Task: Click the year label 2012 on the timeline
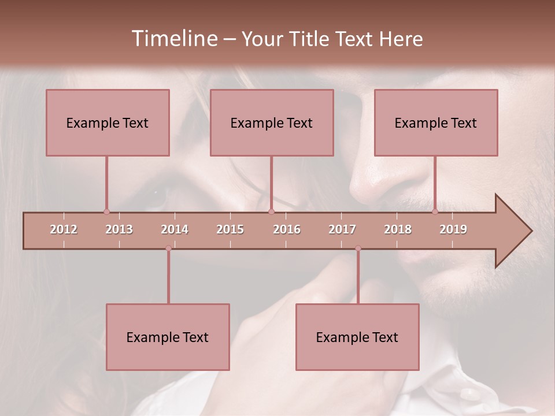64,229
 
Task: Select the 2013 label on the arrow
119,229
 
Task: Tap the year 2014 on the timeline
175,229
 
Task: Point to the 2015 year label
230,229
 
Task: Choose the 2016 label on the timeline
287,229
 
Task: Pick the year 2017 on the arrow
342,229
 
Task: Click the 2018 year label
398,229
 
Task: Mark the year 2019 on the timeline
453,229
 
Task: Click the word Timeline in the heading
173,39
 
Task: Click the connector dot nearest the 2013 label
106,212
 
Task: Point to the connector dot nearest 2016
271,212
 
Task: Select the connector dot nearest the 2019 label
435,212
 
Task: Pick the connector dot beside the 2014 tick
168,248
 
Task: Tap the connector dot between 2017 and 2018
358,248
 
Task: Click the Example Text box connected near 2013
108,122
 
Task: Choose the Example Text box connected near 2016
272,122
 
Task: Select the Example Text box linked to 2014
168,337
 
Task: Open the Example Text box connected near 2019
436,122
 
